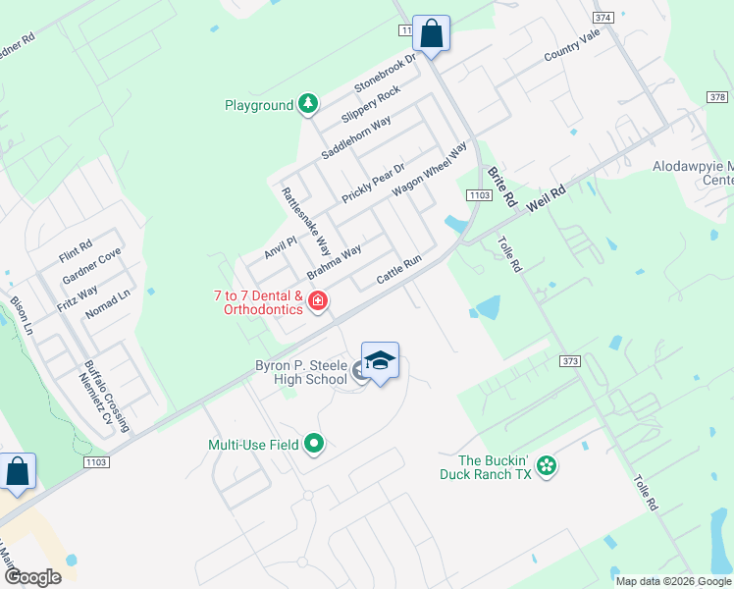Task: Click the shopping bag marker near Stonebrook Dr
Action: click(431, 33)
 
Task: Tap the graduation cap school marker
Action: click(380, 361)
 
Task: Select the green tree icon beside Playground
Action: click(308, 103)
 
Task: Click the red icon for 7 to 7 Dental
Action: click(317, 300)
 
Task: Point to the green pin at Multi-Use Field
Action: click(314, 445)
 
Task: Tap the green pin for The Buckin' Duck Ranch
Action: click(547, 465)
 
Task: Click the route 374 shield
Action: click(603, 18)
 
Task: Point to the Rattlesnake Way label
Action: click(306, 222)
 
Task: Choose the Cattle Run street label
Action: click(399, 272)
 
